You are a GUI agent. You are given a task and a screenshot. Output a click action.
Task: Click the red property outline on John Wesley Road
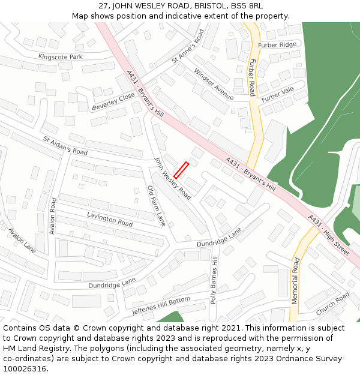click(181, 170)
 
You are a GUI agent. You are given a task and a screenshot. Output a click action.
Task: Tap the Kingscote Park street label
click(60, 56)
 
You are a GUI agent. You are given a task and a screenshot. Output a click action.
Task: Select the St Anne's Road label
click(188, 46)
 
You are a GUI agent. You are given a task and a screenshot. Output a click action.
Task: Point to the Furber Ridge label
click(277, 45)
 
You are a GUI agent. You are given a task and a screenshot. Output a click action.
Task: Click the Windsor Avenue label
click(213, 84)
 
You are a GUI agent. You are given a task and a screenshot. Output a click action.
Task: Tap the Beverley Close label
click(113, 101)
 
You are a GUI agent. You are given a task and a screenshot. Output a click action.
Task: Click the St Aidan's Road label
click(65, 145)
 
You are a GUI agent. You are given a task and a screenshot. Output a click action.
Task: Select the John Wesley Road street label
click(173, 178)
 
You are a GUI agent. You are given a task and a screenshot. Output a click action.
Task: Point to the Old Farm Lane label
click(156, 206)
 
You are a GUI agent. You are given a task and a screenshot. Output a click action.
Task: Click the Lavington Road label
click(110, 218)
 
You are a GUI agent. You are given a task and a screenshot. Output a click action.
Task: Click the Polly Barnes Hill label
click(214, 280)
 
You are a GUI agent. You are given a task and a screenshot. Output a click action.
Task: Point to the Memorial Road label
click(295, 281)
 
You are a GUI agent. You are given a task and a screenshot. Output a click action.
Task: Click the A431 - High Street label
click(328, 235)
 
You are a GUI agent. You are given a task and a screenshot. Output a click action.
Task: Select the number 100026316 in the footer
click(25, 368)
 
